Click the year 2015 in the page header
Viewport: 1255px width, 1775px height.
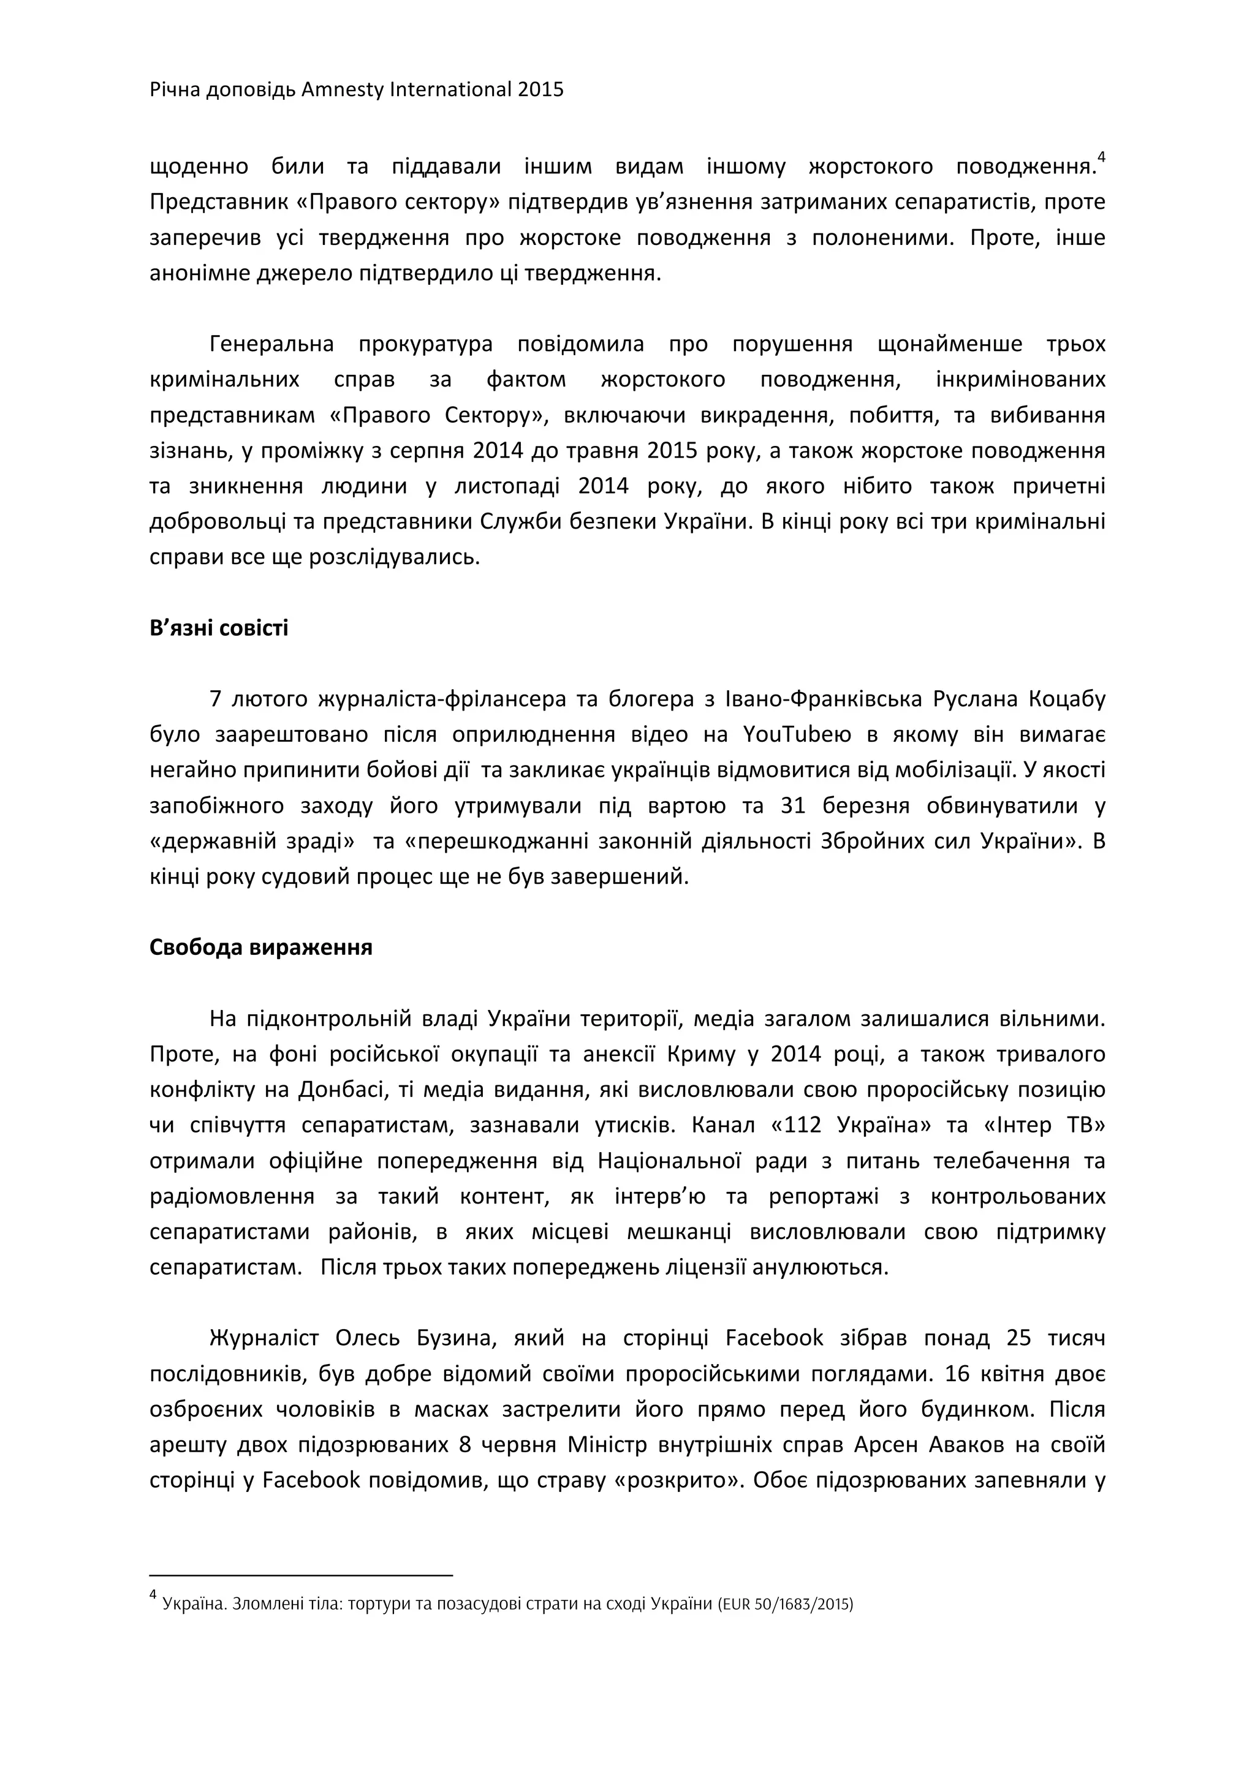540,89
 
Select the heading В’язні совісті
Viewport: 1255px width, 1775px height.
219,628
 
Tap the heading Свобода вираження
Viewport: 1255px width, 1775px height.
260,948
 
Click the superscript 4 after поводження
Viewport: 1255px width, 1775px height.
1102,157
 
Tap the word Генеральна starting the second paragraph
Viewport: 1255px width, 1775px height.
271,344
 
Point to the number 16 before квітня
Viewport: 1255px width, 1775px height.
954,1374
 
